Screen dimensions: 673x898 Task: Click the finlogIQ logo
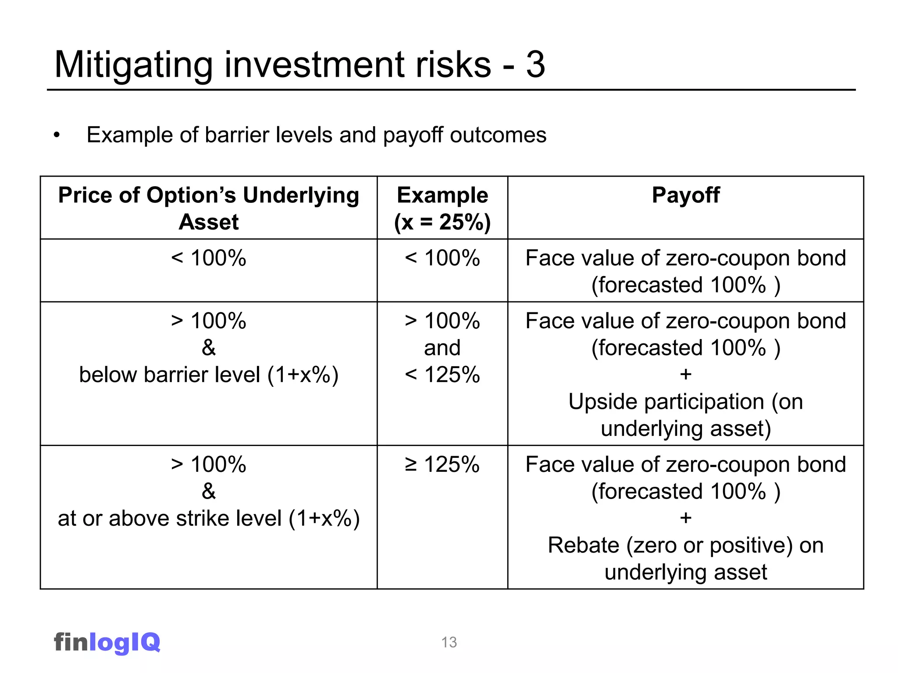pos(107,643)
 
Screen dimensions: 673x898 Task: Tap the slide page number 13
pos(449,642)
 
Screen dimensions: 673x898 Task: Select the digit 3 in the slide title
pos(535,65)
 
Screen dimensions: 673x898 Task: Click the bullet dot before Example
pos(57,135)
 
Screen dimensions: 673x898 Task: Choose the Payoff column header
pos(685,195)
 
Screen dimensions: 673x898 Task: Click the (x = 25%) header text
pos(442,222)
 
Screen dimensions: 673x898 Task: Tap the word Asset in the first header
pos(209,222)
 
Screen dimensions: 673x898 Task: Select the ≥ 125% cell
pos(442,464)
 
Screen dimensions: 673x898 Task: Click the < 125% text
pos(442,375)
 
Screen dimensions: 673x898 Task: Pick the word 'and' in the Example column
pos(442,348)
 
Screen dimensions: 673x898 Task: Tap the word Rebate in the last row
pos(584,545)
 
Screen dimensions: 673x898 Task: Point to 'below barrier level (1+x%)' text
pos(209,375)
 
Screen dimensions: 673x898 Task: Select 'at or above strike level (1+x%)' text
pos(209,519)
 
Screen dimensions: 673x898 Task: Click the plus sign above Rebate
pos(686,518)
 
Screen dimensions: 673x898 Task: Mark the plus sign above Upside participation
pos(686,375)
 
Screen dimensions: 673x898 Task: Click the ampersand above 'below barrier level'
pos(209,348)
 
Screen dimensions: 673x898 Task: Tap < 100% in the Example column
pos(442,258)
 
